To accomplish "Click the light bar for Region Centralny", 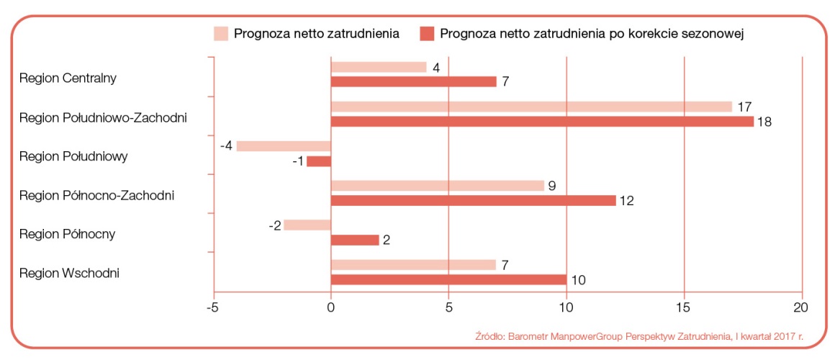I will point(379,67).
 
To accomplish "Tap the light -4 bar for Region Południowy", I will point(284,146).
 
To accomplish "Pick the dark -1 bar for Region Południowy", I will point(319,161).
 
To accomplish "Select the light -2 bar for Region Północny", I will point(307,225).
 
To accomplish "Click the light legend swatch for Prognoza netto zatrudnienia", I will point(220,33).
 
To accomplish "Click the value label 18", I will point(764,122).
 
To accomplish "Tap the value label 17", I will point(744,107).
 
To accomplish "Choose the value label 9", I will point(551,185).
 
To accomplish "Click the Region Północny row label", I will point(68,234).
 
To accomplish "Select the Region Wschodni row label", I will point(69,273).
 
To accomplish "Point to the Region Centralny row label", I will point(68,77).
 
